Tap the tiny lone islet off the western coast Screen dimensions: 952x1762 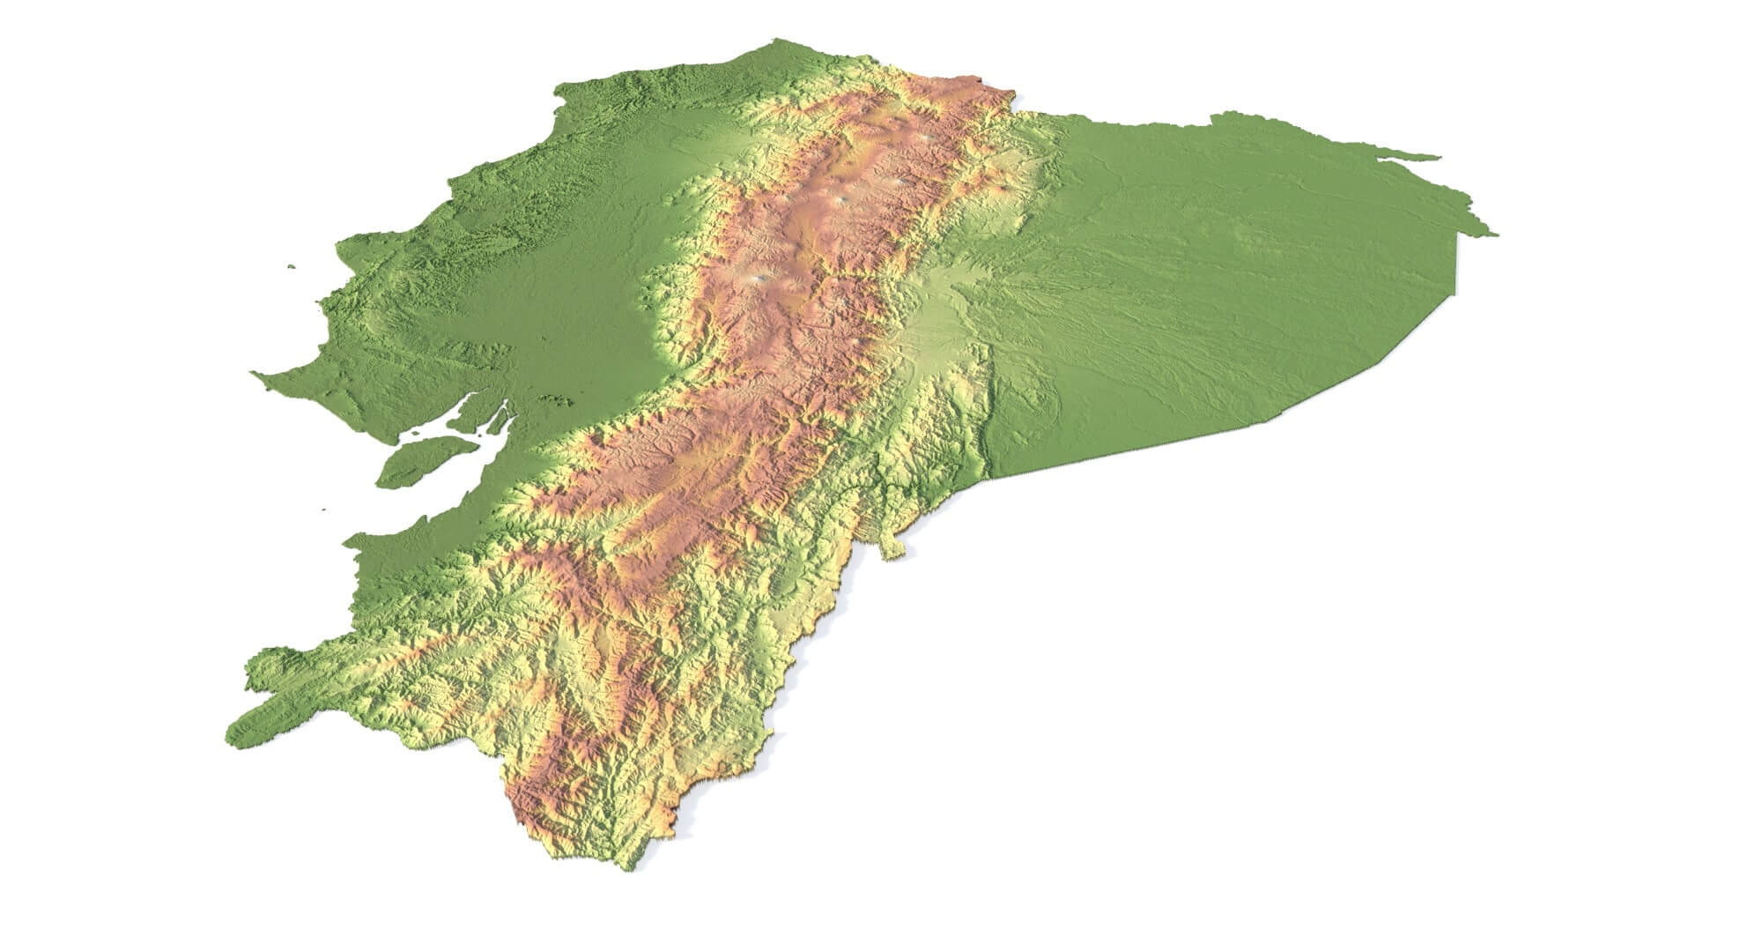[291, 266]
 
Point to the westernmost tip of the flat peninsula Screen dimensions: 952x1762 [255, 374]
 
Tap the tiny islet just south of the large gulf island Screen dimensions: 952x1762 [324, 509]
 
